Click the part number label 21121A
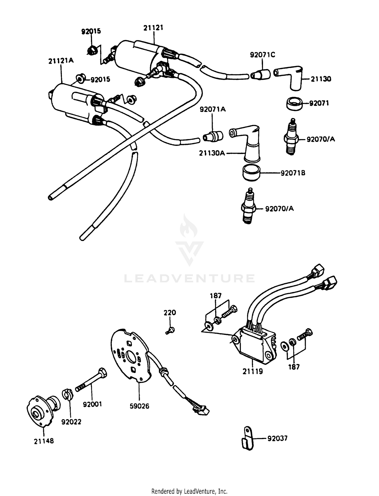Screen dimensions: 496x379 [x=61, y=61]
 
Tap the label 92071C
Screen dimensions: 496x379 [x=263, y=55]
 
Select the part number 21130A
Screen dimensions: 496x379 [x=212, y=153]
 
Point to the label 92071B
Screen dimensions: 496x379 [x=293, y=173]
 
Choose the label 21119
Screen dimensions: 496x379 [x=253, y=372]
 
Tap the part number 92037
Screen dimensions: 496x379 [x=277, y=438]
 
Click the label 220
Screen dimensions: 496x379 [x=170, y=313]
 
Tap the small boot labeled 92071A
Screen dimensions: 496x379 [x=213, y=136]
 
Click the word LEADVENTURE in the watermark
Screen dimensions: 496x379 [x=189, y=278]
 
